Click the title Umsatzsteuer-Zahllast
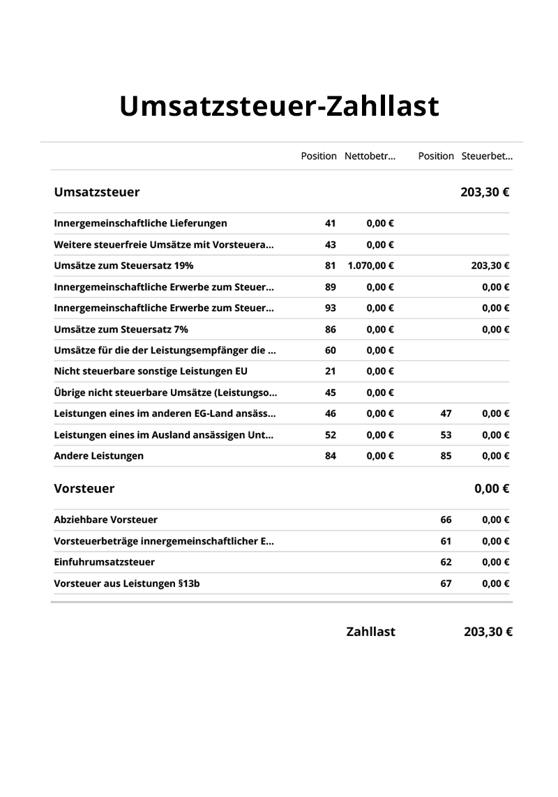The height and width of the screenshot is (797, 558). pos(279,107)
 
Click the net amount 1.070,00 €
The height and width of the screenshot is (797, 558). pos(370,266)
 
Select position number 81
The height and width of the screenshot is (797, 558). pos(331,266)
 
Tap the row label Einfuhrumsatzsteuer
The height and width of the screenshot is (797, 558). pos(105,562)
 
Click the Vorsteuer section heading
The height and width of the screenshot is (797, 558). pos(84,489)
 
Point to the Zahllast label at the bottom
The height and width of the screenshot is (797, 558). pos(370,632)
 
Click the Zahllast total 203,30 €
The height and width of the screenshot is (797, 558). pos(488,632)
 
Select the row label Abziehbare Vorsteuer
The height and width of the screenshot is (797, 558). pos(106,519)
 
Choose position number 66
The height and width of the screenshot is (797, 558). pos(446,519)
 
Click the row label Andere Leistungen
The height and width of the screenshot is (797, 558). pos(99,456)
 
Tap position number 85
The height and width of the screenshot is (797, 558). pos(446,456)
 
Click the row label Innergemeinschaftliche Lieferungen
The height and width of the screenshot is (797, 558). pos(140,223)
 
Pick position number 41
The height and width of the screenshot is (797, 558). pos(331,223)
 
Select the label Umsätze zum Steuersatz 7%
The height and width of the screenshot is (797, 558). pos(121,329)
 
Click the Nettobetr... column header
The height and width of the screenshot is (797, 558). pos(370,156)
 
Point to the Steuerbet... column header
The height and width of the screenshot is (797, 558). pos(487,156)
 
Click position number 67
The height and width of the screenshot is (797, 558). pos(446,583)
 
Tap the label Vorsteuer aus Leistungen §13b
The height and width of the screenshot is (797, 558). pos(127,583)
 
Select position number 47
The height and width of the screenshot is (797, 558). pos(446,413)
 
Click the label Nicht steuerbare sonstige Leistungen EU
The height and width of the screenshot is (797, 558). pos(151,371)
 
